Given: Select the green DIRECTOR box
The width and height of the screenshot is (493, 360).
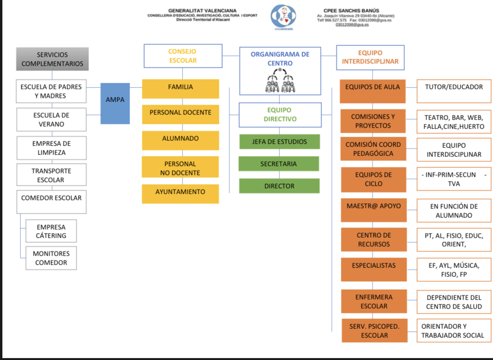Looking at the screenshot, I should click(x=279, y=186).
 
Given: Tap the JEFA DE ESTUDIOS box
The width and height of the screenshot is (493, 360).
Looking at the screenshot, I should click(x=279, y=142).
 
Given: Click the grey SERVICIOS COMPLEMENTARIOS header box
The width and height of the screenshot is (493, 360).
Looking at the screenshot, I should click(x=52, y=59).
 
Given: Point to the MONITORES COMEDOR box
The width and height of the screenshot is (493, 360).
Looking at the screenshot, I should click(x=51, y=258).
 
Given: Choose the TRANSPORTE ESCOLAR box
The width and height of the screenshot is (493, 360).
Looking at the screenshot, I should click(x=51, y=175).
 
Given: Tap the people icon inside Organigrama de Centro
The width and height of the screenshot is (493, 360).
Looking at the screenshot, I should click(x=280, y=81).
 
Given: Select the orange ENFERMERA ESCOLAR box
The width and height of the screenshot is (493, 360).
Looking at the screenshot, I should click(x=373, y=301).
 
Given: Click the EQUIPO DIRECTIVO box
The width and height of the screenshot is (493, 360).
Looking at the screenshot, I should click(x=280, y=115).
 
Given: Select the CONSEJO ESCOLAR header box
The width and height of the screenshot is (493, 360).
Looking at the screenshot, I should click(x=182, y=56).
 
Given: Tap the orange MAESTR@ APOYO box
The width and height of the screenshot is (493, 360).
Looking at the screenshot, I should click(x=373, y=206).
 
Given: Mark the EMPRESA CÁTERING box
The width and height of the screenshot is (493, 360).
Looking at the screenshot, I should click(x=51, y=231).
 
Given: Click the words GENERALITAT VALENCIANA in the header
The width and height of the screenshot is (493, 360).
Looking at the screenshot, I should click(x=202, y=10).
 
